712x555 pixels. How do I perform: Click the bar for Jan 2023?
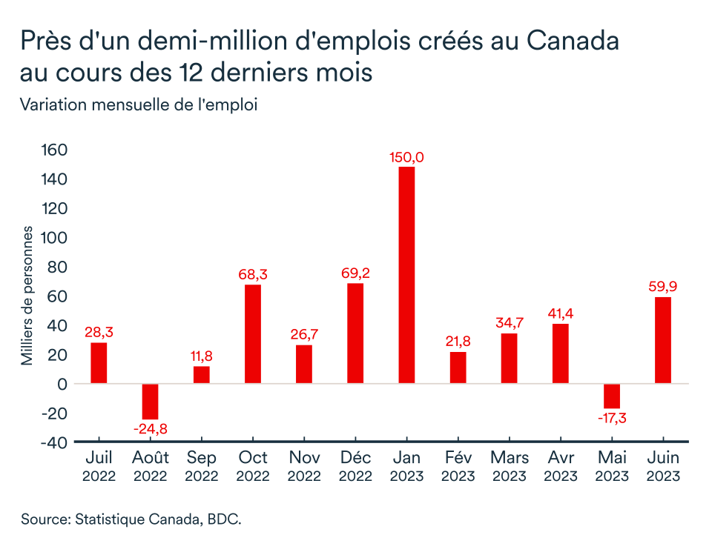pos(406,275)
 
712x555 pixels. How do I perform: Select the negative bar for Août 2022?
pos(151,402)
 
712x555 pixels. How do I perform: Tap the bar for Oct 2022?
pos(253,334)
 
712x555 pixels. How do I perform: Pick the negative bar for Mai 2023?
pos(611,396)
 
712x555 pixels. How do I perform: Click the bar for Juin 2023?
pos(662,340)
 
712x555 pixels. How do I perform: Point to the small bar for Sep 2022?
pos(202,375)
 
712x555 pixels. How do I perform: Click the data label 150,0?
pos(406,157)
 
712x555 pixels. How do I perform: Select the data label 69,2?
pos(355,273)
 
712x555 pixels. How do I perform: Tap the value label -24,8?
pos(151,429)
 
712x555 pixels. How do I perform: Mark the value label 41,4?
pos(560,313)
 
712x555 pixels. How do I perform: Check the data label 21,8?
pos(458,342)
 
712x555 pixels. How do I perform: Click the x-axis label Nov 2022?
pos(304,467)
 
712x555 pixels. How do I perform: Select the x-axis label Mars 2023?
pos(509,467)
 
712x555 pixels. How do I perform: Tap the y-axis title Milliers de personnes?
pos(27,296)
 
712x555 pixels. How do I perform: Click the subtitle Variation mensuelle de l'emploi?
pos(139,105)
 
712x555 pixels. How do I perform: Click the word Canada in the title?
pos(573,41)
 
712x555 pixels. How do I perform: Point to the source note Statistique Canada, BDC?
pos(131,519)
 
